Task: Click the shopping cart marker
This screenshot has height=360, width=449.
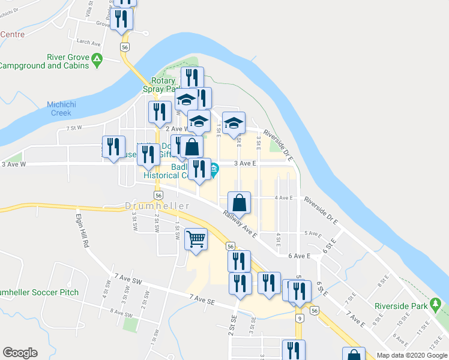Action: pyautogui.click(x=196, y=239)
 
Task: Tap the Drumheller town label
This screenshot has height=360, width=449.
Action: pyautogui.click(x=157, y=206)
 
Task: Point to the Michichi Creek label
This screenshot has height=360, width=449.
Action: pyautogui.click(x=59, y=109)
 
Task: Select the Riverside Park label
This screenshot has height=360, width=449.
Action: pyautogui.click(x=401, y=305)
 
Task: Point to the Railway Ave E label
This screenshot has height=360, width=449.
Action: pyautogui.click(x=240, y=223)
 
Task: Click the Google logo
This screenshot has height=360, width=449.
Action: pyautogui.click(x=20, y=353)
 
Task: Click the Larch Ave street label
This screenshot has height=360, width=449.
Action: pyautogui.click(x=88, y=43)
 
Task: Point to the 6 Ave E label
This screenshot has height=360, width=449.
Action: pyautogui.click(x=299, y=256)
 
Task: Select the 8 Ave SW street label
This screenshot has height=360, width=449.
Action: pyautogui.click(x=113, y=313)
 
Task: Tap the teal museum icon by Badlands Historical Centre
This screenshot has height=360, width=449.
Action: pyautogui.click(x=214, y=169)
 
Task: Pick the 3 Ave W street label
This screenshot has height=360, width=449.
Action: pyautogui.click(x=14, y=164)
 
